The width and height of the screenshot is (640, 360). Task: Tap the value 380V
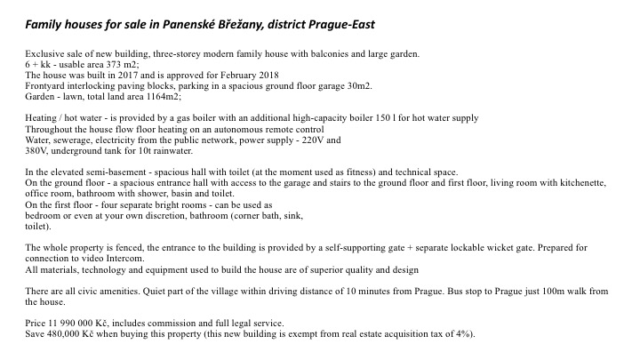[38, 150]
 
